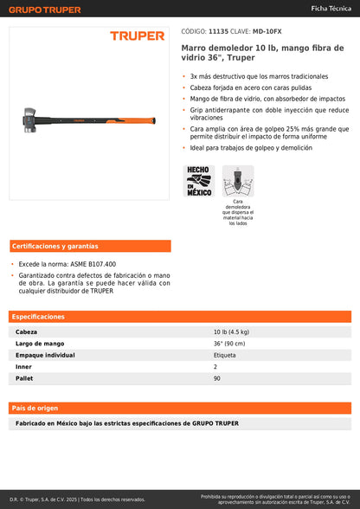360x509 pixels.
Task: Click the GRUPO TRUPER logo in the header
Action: click(46, 10)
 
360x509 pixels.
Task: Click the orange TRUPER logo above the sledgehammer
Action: click(137, 35)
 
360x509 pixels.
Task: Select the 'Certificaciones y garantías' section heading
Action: click(50, 246)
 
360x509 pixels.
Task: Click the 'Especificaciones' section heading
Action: click(39, 317)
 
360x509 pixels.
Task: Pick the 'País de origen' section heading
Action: click(35, 407)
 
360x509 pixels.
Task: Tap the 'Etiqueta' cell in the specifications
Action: click(225, 355)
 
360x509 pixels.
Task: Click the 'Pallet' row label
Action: click(25, 378)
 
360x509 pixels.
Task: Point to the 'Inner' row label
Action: click(24, 366)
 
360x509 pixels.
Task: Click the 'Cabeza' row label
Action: click(27, 332)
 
